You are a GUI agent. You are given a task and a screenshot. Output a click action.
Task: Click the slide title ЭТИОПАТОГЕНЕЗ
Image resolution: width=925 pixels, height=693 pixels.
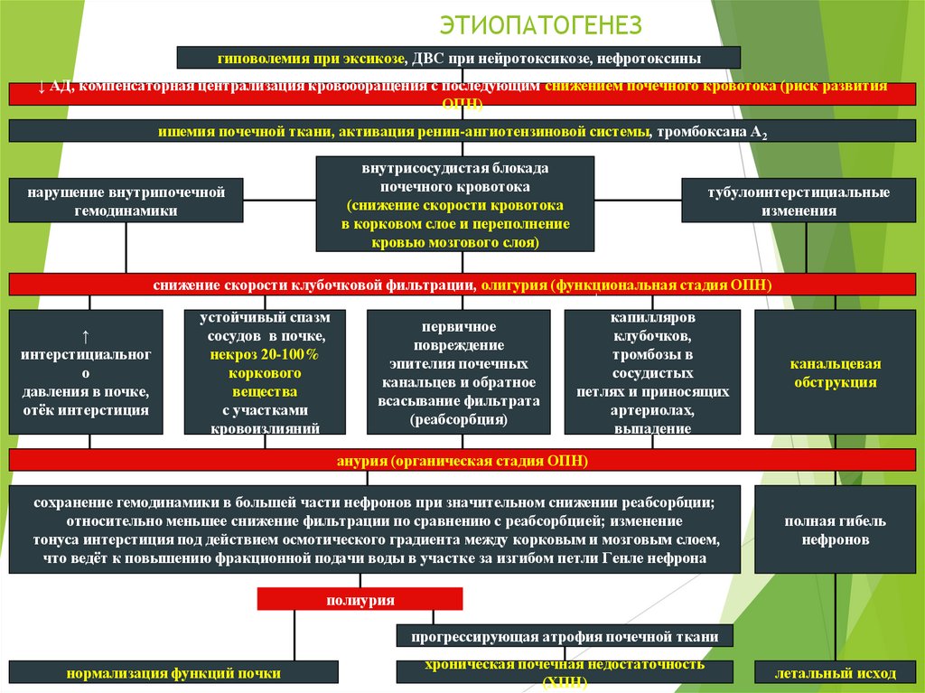[540, 23]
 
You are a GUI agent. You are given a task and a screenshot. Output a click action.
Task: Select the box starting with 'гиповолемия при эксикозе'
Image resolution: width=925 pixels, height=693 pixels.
[458, 58]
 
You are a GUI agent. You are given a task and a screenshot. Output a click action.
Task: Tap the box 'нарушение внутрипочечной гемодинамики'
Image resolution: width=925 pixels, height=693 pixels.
[126, 201]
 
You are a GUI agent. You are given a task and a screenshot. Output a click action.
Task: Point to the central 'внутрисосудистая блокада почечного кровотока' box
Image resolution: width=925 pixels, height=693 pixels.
[455, 204]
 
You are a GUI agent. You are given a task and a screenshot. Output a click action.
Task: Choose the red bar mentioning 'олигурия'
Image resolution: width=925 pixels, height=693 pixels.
[462, 285]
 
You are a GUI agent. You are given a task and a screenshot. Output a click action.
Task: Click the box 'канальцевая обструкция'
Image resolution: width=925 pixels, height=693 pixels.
[835, 372]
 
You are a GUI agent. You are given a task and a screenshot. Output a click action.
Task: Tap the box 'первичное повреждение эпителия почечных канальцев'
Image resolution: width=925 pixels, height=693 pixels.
[458, 372]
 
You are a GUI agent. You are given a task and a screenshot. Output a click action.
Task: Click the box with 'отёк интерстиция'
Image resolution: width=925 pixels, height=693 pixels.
[86, 372]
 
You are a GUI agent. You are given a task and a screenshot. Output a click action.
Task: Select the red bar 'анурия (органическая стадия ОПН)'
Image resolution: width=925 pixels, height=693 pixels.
[462, 461]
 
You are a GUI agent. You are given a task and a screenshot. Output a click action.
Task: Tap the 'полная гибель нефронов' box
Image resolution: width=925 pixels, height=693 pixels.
[835, 530]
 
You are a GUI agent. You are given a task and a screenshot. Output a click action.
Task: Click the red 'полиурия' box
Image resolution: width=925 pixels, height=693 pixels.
[360, 599]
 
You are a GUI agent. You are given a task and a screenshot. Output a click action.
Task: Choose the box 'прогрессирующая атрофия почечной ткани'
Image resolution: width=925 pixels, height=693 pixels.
[565, 636]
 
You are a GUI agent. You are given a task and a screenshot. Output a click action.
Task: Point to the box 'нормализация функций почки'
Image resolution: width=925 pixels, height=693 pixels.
[173, 673]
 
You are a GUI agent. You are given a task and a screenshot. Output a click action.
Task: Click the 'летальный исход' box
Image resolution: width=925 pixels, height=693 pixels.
[835, 673]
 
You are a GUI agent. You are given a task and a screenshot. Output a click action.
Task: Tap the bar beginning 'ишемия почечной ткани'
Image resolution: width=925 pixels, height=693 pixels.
[462, 132]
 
